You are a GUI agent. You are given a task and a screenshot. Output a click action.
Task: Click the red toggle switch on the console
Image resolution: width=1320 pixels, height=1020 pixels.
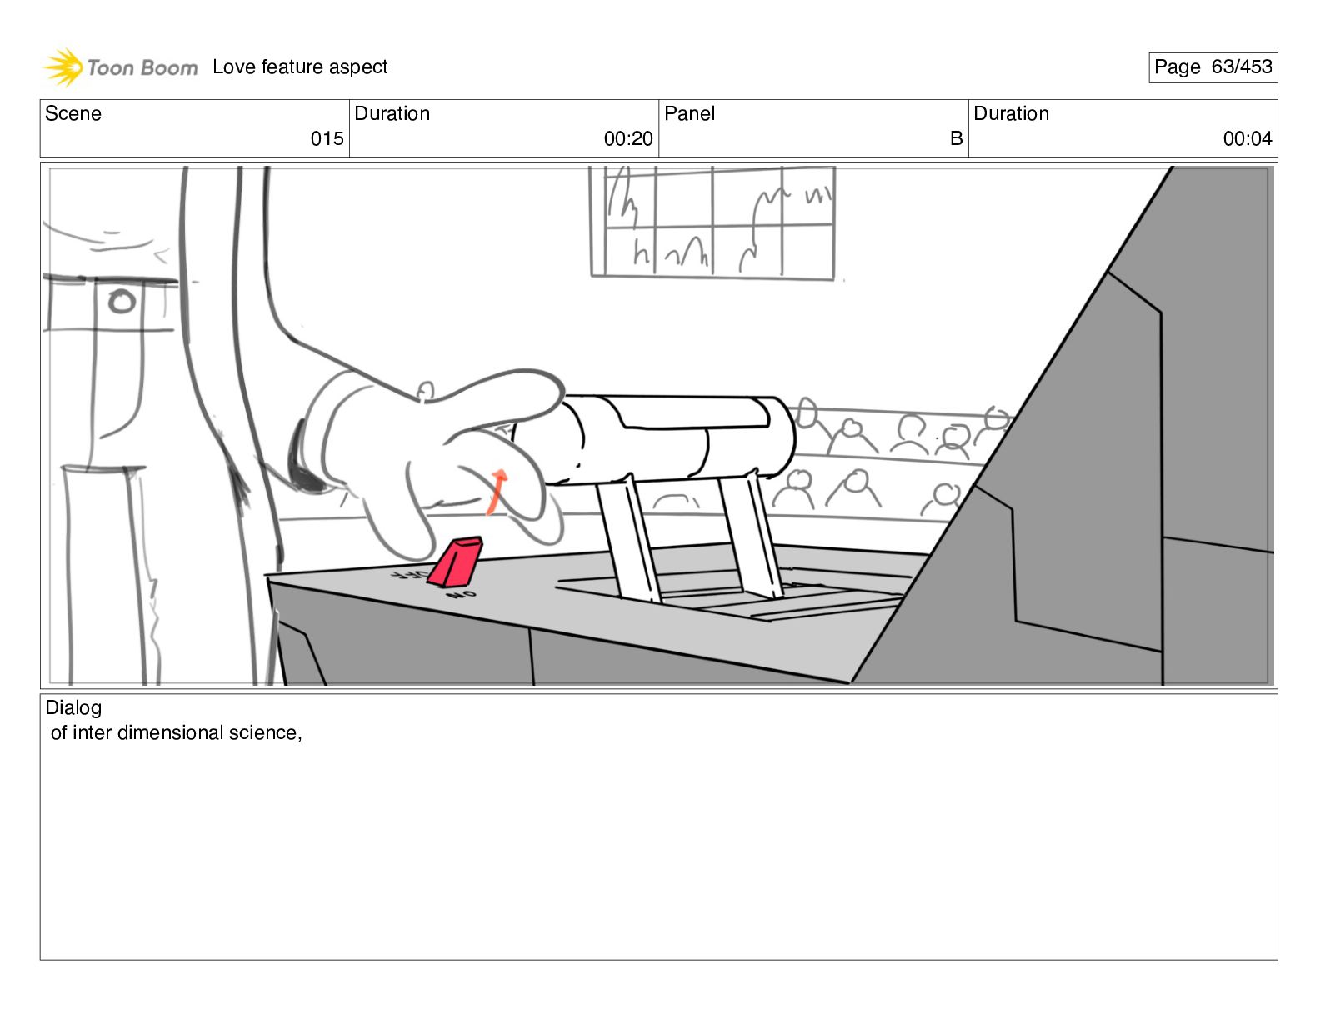pyautogui.click(x=456, y=562)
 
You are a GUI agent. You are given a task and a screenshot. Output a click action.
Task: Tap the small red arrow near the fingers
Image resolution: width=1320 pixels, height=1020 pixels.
pyautogui.click(x=497, y=492)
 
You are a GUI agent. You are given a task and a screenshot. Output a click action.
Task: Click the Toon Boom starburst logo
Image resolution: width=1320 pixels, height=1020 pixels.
pyautogui.click(x=63, y=67)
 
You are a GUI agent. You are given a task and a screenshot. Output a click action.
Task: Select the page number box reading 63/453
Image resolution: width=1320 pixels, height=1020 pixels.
pyautogui.click(x=1212, y=67)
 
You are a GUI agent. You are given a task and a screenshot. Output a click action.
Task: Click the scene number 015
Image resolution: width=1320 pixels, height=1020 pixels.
pyautogui.click(x=327, y=138)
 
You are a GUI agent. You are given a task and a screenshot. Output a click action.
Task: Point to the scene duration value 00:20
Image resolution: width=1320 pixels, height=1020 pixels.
pyautogui.click(x=628, y=138)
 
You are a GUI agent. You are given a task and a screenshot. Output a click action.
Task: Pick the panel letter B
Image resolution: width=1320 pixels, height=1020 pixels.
pyautogui.click(x=956, y=138)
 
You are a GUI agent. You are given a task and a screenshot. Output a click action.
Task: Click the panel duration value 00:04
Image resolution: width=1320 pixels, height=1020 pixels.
pyautogui.click(x=1247, y=138)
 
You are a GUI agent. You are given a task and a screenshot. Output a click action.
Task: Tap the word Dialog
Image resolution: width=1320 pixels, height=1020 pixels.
pyautogui.click(x=73, y=707)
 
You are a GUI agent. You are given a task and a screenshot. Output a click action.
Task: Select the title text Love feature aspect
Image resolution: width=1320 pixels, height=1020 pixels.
pyautogui.click(x=300, y=67)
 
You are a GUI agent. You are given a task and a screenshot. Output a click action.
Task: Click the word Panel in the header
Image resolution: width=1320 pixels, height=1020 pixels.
pyautogui.click(x=689, y=113)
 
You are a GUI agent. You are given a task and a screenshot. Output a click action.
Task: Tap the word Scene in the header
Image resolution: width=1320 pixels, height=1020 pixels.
pyautogui.click(x=72, y=113)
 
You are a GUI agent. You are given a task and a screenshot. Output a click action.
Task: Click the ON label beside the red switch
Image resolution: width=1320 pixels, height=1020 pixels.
pyautogui.click(x=462, y=595)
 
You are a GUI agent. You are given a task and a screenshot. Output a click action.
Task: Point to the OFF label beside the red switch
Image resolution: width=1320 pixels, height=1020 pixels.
pyautogui.click(x=409, y=574)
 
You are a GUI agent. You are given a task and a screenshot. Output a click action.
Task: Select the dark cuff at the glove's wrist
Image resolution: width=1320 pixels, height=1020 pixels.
pyautogui.click(x=303, y=456)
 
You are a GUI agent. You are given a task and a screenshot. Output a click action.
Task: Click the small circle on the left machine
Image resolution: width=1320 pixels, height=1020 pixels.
pyautogui.click(x=122, y=302)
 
